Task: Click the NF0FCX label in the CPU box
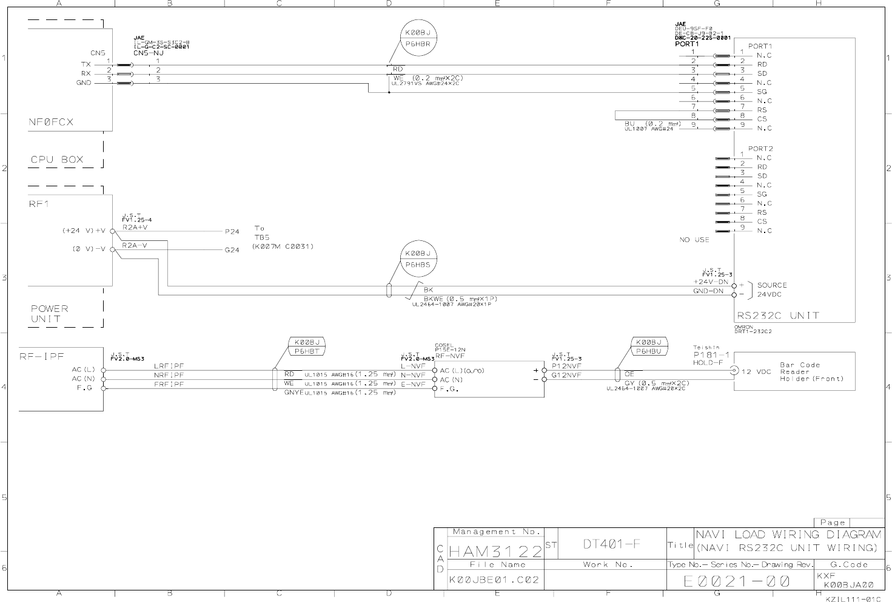(x=51, y=122)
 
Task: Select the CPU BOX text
(x=57, y=160)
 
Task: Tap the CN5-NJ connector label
(x=149, y=53)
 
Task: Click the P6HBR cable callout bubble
(x=418, y=38)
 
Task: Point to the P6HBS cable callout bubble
(x=418, y=259)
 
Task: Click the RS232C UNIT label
(x=778, y=316)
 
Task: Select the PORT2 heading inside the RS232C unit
(x=760, y=149)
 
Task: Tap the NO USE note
(x=694, y=240)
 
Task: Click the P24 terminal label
(x=232, y=232)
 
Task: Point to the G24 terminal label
(x=232, y=250)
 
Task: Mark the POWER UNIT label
(x=50, y=314)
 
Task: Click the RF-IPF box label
(x=41, y=357)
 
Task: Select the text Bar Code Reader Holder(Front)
(x=811, y=372)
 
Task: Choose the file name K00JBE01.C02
(x=494, y=580)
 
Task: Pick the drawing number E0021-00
(x=737, y=581)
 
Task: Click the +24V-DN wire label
(x=711, y=282)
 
